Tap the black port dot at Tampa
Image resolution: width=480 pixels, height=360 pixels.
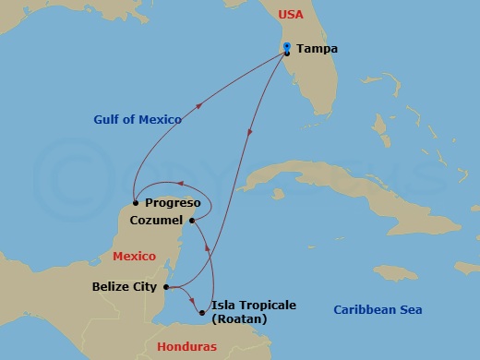point(287,53)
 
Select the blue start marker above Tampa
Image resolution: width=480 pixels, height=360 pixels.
point(287,46)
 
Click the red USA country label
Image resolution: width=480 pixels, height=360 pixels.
point(290,15)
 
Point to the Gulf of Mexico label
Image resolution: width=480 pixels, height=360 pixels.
point(138,119)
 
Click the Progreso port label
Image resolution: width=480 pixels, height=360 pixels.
point(173,202)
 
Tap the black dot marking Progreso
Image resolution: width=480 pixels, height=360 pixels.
point(136,202)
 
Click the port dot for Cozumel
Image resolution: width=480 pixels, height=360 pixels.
point(192,220)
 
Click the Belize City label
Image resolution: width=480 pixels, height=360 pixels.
point(125,287)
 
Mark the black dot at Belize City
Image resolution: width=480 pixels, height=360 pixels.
point(165,287)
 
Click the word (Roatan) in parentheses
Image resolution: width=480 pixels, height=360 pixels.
point(238,319)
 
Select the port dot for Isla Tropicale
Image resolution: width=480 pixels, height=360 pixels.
point(202,312)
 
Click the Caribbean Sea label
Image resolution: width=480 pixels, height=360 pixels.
point(378,310)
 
